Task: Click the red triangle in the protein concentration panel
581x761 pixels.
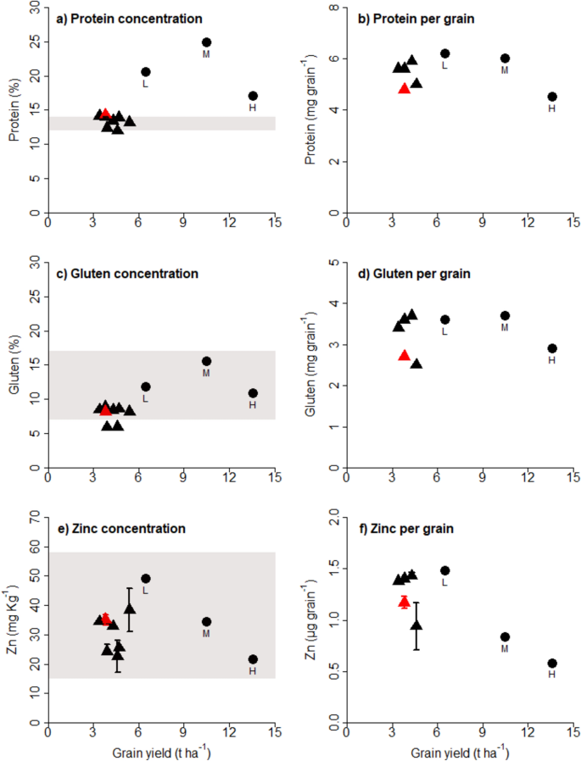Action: tap(104, 114)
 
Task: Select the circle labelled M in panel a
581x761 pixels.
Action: tap(206, 42)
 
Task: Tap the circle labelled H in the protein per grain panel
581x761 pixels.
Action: tap(552, 97)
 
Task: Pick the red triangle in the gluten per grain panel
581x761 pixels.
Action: tap(405, 356)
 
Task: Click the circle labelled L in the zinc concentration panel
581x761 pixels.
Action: tap(146, 579)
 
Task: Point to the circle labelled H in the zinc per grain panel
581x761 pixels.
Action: tap(552, 664)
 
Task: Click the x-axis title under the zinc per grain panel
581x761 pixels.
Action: tap(459, 750)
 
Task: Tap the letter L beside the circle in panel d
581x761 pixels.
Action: tap(444, 331)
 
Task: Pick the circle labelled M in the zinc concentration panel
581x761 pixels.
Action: tap(206, 622)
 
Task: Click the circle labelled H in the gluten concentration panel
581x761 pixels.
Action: tap(252, 393)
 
